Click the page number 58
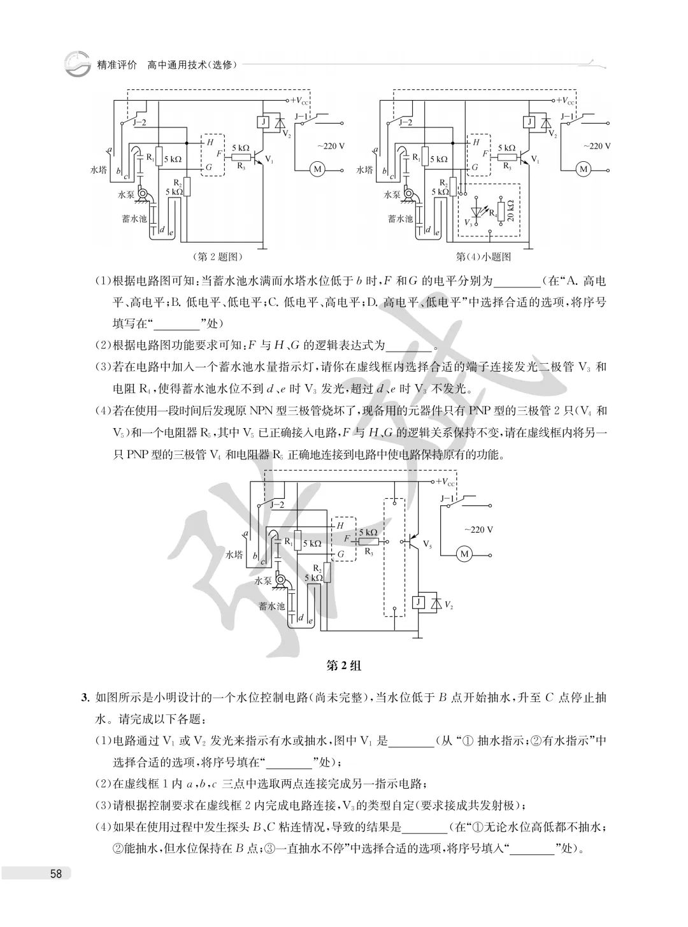(x=56, y=873)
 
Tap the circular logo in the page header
(x=77, y=64)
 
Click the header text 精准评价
(x=117, y=65)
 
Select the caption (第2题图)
(x=217, y=257)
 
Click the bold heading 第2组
(x=343, y=665)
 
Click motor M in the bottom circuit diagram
(x=464, y=554)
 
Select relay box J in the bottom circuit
(x=418, y=602)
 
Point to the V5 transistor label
(x=427, y=543)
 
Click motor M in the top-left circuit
(x=317, y=169)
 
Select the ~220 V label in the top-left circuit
(x=331, y=147)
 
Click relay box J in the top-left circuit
(x=262, y=122)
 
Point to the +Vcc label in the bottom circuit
(x=445, y=482)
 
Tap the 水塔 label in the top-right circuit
(x=364, y=169)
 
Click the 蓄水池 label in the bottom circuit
(x=271, y=606)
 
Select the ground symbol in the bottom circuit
(x=417, y=637)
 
